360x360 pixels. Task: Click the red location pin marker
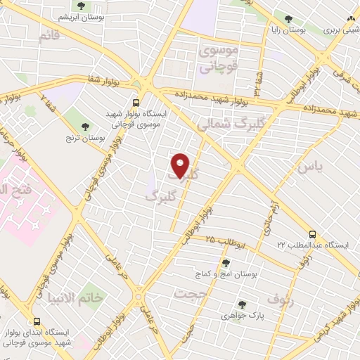coord(181,166)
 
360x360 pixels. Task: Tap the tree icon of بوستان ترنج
coord(86,127)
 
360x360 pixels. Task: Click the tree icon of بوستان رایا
coord(287,19)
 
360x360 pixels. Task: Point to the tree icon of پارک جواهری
coord(243,304)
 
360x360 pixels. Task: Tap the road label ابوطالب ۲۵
coord(220,240)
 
